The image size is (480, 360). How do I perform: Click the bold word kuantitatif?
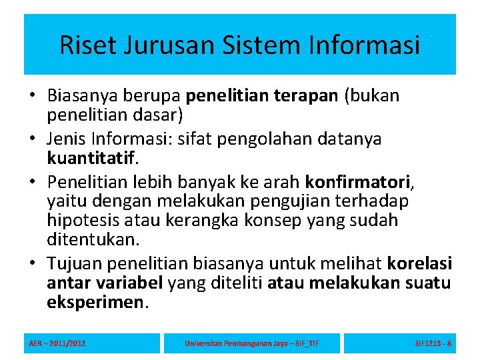[91, 159]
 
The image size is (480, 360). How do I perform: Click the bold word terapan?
[305, 96]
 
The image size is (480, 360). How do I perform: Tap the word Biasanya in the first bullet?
[79, 96]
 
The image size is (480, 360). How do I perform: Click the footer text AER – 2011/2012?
[57, 343]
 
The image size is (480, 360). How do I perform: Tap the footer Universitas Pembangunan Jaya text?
[251, 343]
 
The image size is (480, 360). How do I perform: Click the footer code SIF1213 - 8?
[433, 343]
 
